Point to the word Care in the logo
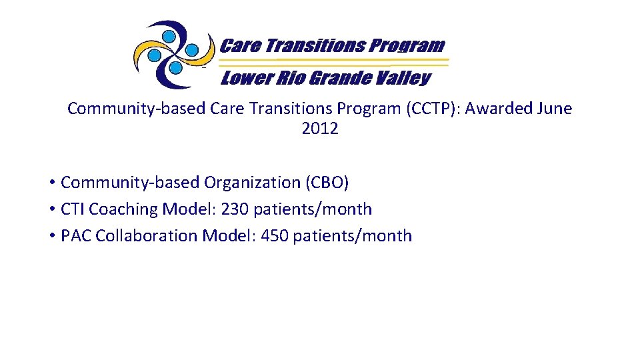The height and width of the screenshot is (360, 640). point(240,45)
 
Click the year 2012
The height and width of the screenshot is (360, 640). point(320,129)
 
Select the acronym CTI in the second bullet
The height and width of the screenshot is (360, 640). point(73,209)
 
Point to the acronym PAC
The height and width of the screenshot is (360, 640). point(75,235)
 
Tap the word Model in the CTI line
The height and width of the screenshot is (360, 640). point(184,209)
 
